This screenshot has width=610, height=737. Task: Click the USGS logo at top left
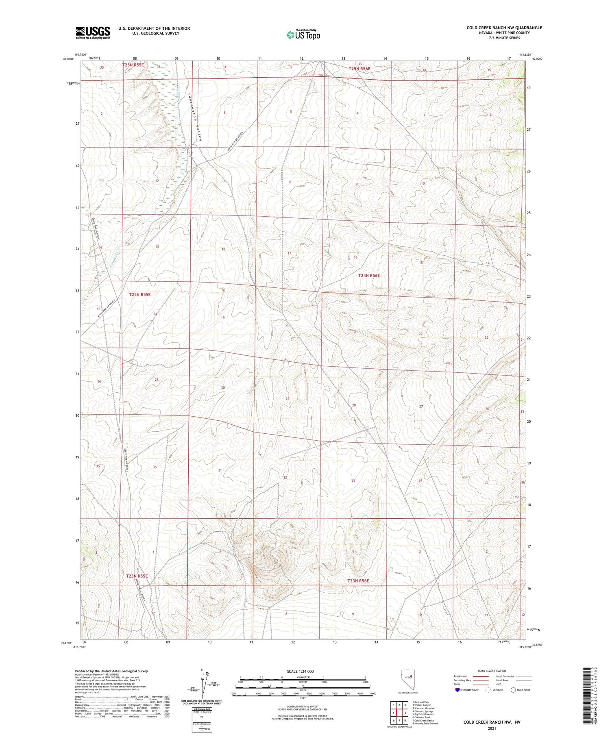[x=93, y=33]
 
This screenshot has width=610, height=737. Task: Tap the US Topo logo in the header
[x=303, y=35]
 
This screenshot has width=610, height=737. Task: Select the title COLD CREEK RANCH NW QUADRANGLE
[x=504, y=28]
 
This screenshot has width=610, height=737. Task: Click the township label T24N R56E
[x=369, y=276]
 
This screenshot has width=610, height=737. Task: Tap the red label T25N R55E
[x=133, y=65]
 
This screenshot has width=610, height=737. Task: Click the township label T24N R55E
[x=139, y=294]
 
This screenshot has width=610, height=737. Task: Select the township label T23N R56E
[x=358, y=581]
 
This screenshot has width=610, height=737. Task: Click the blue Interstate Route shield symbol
[x=457, y=689]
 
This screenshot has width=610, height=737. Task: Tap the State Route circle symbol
[x=513, y=689]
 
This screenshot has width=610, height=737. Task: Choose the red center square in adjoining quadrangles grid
[x=399, y=712]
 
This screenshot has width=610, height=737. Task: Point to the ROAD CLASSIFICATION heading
[x=492, y=671]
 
